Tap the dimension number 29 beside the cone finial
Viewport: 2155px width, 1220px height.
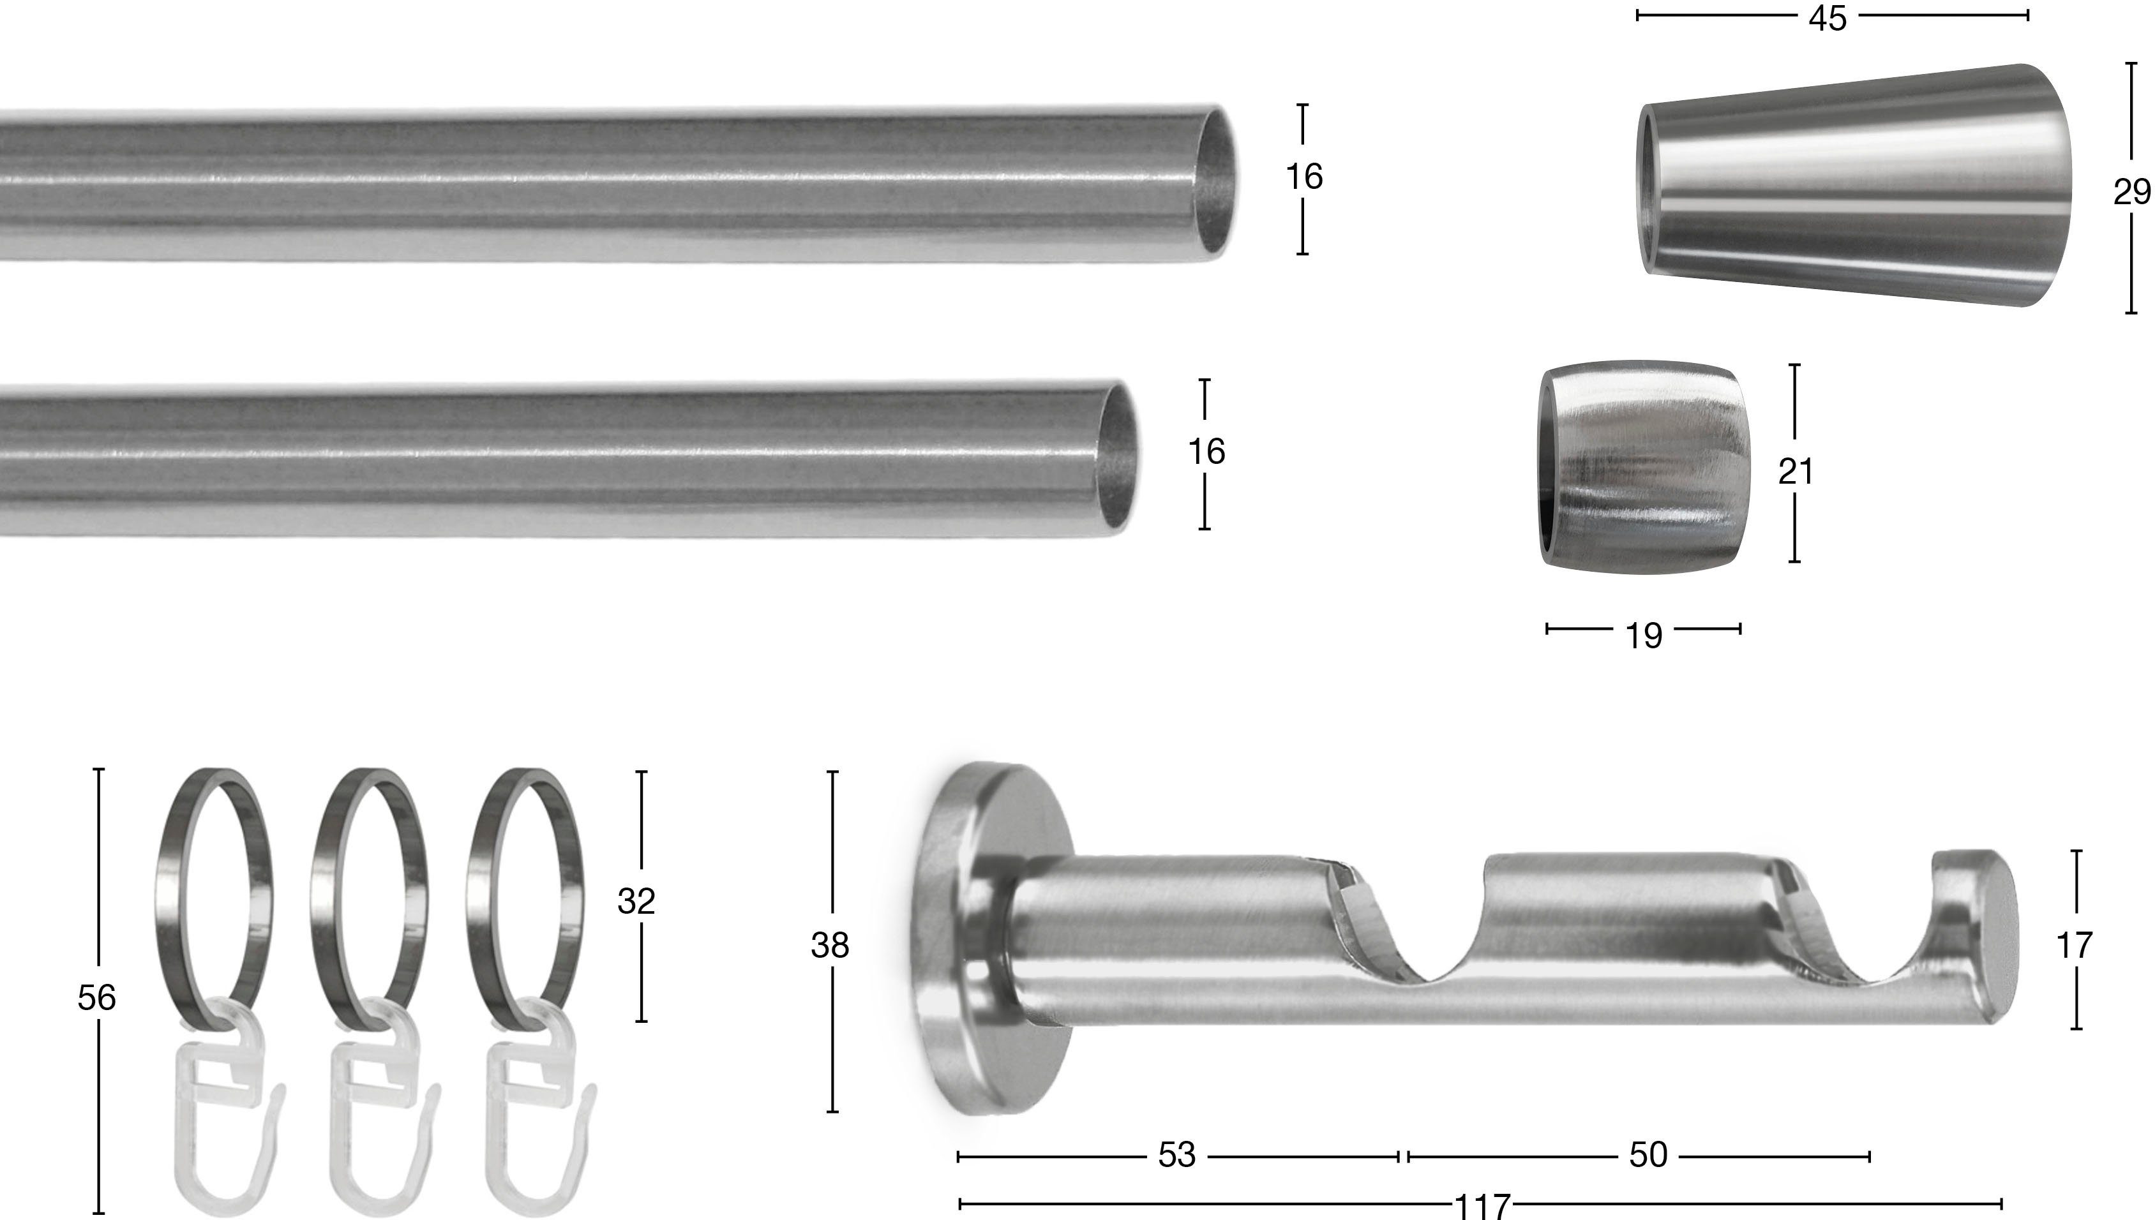pyautogui.click(x=2131, y=193)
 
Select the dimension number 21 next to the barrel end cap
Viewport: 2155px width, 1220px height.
pyautogui.click(x=1796, y=472)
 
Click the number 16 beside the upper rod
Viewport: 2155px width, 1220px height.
pyautogui.click(x=1304, y=177)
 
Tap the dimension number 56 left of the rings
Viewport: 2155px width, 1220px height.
pyautogui.click(x=96, y=998)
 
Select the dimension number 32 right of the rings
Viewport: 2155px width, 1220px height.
pyautogui.click(x=636, y=902)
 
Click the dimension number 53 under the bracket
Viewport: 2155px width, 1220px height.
pyautogui.click(x=1177, y=1156)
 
